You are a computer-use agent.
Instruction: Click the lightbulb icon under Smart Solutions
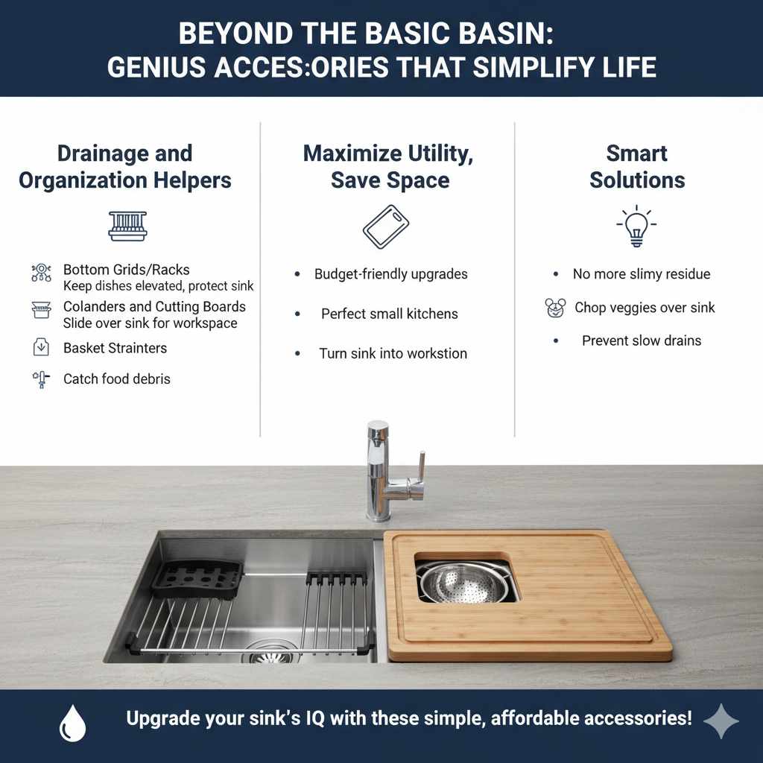click(636, 227)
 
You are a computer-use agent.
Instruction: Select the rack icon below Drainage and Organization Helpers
click(127, 226)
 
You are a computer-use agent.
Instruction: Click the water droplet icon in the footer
click(72, 723)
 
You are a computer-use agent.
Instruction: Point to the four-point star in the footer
click(721, 721)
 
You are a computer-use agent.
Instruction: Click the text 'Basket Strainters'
click(115, 348)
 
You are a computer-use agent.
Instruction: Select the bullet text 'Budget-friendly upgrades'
click(390, 274)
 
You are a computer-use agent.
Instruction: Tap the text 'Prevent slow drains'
click(641, 341)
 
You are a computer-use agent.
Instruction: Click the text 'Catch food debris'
click(116, 379)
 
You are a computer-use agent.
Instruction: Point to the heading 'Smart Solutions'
click(636, 167)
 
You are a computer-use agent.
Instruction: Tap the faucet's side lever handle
click(421, 470)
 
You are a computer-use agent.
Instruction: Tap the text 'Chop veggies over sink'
click(645, 308)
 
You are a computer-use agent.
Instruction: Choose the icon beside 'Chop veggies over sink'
click(555, 308)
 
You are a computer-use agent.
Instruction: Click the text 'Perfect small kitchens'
click(389, 314)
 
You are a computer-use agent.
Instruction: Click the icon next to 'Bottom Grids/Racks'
click(41, 273)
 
